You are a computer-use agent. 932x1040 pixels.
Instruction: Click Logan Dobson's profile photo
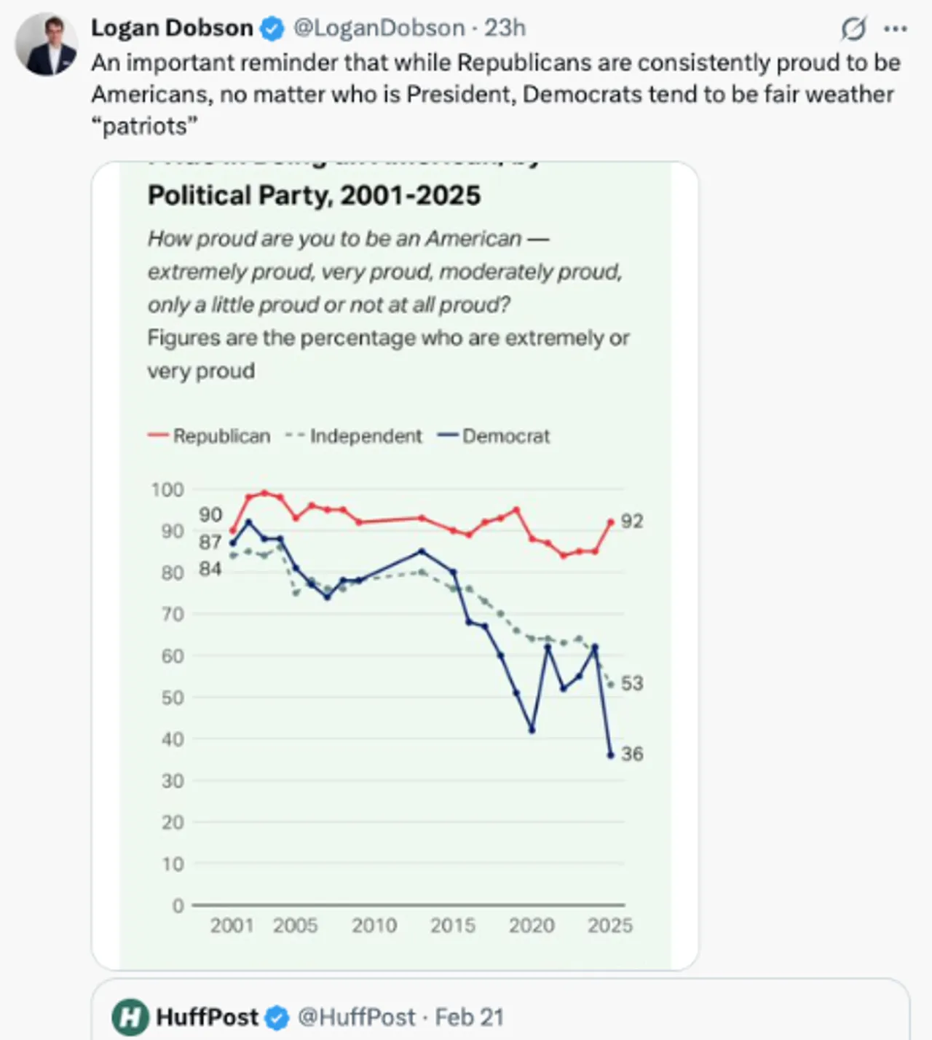(x=47, y=44)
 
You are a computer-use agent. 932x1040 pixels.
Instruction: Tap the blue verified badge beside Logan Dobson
(x=272, y=28)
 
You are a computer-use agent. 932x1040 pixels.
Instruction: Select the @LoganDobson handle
(x=379, y=28)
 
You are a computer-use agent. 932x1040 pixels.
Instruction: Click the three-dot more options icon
(x=895, y=29)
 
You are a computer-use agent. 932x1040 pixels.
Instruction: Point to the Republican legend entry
(x=209, y=436)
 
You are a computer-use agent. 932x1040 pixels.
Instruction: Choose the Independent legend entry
(x=354, y=436)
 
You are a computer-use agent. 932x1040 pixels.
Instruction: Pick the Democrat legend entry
(x=494, y=436)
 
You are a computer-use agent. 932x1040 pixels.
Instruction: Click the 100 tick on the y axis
(x=167, y=489)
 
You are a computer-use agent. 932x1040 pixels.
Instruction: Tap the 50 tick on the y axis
(x=172, y=697)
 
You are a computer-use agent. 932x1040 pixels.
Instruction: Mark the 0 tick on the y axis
(x=178, y=905)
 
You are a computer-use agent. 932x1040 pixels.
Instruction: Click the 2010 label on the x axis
(x=374, y=925)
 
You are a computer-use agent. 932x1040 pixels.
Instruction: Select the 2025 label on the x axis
(x=610, y=925)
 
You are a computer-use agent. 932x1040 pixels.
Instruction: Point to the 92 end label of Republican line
(x=632, y=521)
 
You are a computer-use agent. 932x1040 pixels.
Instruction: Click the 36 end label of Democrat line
(x=632, y=753)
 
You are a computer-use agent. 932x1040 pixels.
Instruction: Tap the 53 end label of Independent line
(x=632, y=683)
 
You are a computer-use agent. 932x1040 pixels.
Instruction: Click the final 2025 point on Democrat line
(x=610, y=755)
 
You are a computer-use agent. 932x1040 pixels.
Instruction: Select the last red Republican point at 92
(x=610, y=521)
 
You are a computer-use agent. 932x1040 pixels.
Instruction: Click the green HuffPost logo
(x=130, y=1017)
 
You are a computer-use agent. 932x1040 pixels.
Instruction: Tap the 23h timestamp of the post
(x=505, y=28)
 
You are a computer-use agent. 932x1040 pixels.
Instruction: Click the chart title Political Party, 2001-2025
(x=314, y=195)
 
